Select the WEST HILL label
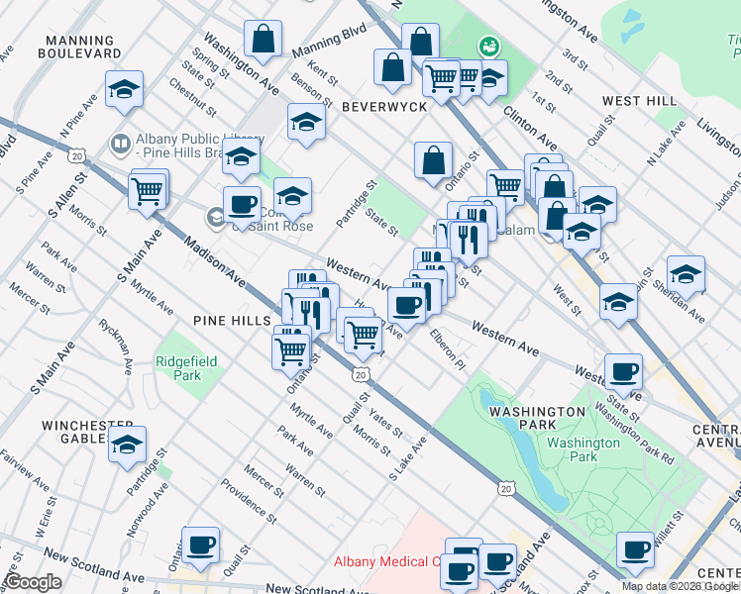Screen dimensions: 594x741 click(x=639, y=101)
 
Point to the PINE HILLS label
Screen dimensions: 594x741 click(x=234, y=322)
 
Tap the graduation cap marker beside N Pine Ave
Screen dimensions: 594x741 click(x=125, y=89)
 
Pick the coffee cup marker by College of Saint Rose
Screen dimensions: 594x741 click(x=241, y=205)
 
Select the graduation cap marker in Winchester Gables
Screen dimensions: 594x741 click(x=127, y=445)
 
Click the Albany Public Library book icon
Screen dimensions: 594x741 click(x=121, y=145)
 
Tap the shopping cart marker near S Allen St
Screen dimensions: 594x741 click(x=148, y=189)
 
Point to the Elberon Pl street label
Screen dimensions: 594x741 click(x=447, y=349)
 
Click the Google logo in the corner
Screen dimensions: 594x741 click(x=33, y=583)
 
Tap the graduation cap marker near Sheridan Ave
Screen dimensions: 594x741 click(x=686, y=274)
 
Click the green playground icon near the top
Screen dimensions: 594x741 click(x=488, y=46)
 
